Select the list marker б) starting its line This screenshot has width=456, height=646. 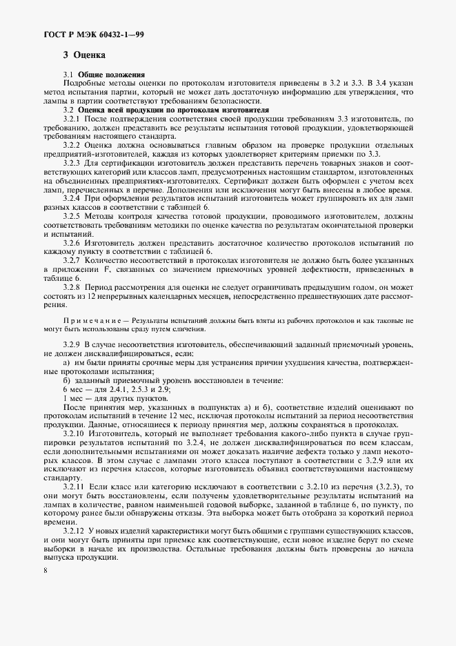(x=67, y=381)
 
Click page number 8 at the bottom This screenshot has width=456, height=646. (x=45, y=571)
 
